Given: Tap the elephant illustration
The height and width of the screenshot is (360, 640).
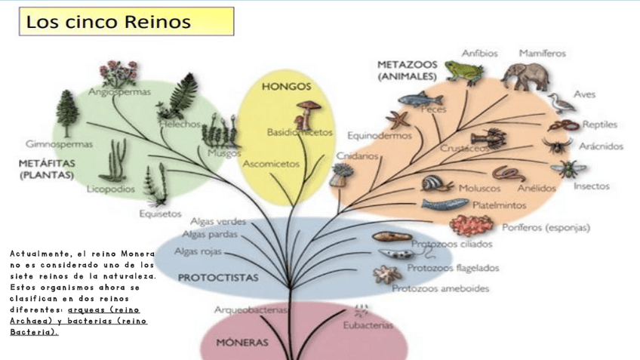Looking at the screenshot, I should click(x=524, y=75).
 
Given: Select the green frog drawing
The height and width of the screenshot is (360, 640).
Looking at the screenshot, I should click(x=463, y=72).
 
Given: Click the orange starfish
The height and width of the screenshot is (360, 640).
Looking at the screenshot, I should click(x=397, y=119).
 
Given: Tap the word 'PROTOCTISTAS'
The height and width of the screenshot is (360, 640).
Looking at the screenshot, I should click(x=218, y=278).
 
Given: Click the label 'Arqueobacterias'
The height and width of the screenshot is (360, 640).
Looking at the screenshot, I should click(x=251, y=309).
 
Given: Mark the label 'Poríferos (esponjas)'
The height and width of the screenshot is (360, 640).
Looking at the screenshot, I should click(x=546, y=226).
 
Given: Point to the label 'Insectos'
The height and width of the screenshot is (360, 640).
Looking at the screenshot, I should click(x=592, y=186).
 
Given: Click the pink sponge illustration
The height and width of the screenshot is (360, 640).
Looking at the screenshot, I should click(x=472, y=225).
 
